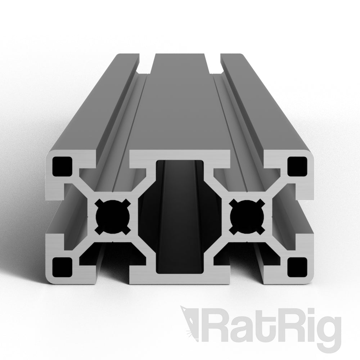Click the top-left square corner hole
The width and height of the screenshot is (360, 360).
tap(62, 166)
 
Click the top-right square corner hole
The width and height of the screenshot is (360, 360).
tap(297, 166)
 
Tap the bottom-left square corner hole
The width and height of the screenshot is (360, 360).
tap(62, 266)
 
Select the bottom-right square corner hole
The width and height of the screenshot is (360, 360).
tap(297, 266)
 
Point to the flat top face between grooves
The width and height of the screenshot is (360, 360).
tap(180, 108)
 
